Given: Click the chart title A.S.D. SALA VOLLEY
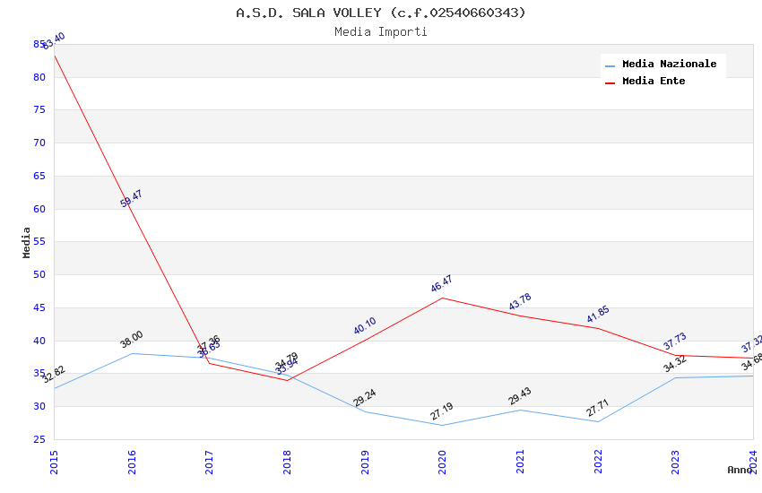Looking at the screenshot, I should click(381, 13).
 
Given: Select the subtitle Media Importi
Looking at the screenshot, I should click(381, 32).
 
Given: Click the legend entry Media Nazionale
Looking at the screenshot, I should click(669, 65).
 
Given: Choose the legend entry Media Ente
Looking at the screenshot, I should click(654, 82).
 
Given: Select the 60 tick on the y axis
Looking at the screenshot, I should click(39, 209).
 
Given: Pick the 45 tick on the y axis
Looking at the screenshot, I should click(39, 307).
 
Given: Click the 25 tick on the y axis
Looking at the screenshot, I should click(39, 439).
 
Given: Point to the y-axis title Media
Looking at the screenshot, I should click(27, 242).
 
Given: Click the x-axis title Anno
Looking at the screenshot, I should click(740, 470).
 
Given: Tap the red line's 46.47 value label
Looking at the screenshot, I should click(441, 285).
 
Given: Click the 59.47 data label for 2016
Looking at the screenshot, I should click(131, 199).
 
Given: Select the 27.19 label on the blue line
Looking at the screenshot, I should click(441, 411).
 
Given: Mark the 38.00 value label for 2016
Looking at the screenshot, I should click(131, 340).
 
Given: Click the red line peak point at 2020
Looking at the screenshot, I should click(442, 298).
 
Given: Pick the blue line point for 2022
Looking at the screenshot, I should click(598, 421).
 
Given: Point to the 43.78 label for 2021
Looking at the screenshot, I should click(519, 303).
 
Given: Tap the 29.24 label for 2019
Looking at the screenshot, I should click(364, 398).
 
